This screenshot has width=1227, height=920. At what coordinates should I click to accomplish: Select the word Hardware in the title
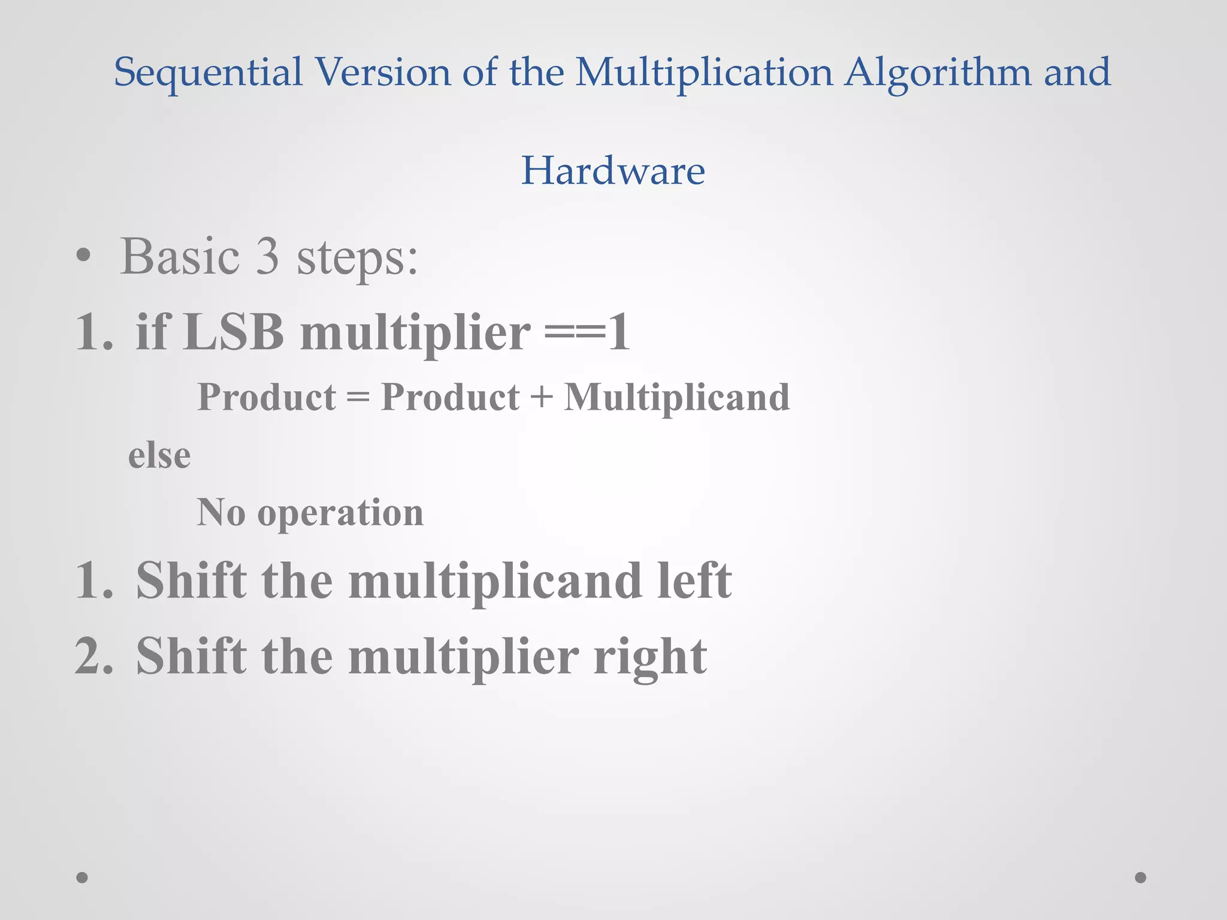(x=613, y=171)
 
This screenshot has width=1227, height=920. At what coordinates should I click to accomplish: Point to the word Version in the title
(x=382, y=72)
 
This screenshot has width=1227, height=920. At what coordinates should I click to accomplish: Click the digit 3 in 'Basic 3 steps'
(x=268, y=256)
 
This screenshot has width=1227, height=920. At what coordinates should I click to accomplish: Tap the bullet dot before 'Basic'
(x=84, y=257)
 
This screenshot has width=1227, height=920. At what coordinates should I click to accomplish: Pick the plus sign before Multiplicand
(x=542, y=397)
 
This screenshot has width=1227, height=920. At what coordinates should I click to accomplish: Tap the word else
(x=159, y=455)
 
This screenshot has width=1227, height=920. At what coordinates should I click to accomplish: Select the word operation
(x=340, y=513)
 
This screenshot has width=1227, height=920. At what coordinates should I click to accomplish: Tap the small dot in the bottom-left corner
(x=82, y=877)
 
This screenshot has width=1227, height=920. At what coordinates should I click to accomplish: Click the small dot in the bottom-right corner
(x=1141, y=877)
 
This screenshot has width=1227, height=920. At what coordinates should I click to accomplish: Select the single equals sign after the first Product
(x=358, y=397)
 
